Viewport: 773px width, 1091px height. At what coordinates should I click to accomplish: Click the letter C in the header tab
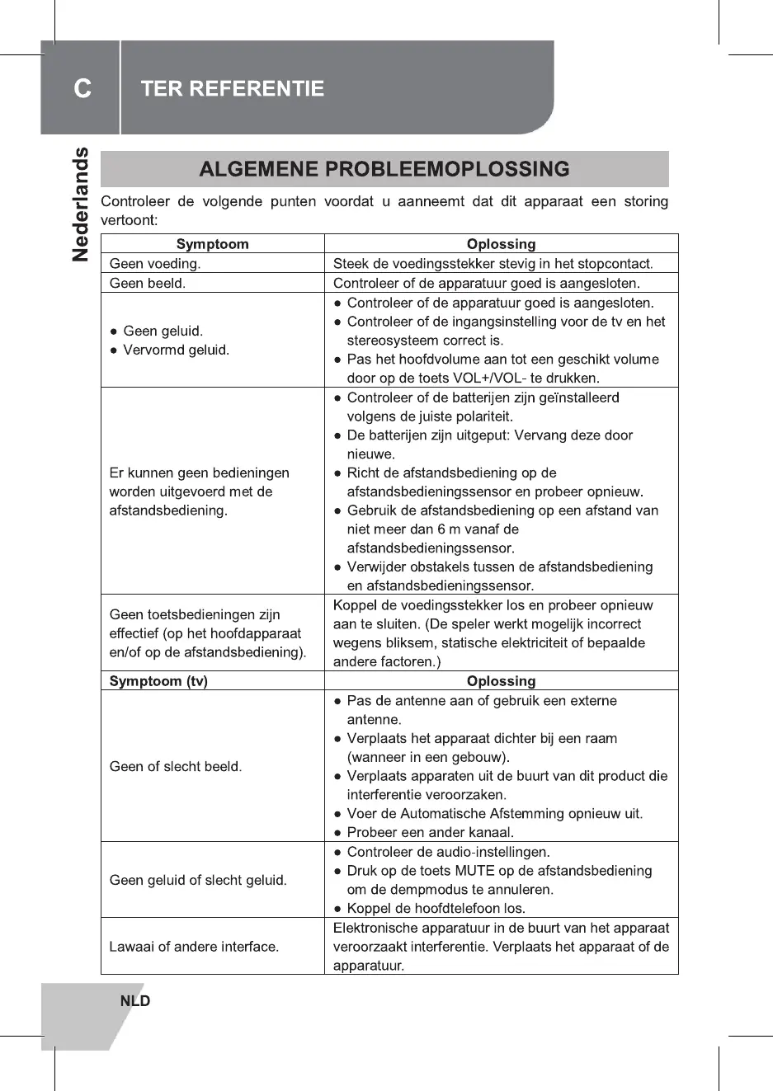tap(82, 88)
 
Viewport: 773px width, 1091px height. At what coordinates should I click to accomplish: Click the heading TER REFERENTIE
tap(232, 89)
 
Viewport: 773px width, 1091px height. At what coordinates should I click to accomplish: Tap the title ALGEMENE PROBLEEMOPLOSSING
tap(384, 169)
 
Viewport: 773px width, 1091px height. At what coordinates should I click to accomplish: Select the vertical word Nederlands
tap(81, 205)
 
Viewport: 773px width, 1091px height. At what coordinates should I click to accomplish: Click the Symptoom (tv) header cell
tap(158, 681)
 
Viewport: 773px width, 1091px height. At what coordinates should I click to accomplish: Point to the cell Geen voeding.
tap(155, 264)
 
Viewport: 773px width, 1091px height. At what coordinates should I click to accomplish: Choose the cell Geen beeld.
tap(148, 283)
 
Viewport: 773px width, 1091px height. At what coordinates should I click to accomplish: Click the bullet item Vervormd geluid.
tap(176, 350)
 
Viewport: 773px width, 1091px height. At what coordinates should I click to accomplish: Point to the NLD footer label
tap(135, 1001)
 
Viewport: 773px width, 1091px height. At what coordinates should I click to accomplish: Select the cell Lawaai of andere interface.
tap(194, 947)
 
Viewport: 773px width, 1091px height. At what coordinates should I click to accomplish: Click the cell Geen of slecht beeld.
tap(176, 766)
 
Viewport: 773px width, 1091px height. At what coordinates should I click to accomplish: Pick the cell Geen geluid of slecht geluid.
tap(198, 880)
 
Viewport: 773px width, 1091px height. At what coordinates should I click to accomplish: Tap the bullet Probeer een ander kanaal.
tap(430, 832)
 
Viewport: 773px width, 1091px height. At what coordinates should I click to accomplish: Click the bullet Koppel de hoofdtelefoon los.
tap(436, 908)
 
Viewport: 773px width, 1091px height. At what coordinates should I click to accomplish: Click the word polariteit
tap(479, 416)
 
